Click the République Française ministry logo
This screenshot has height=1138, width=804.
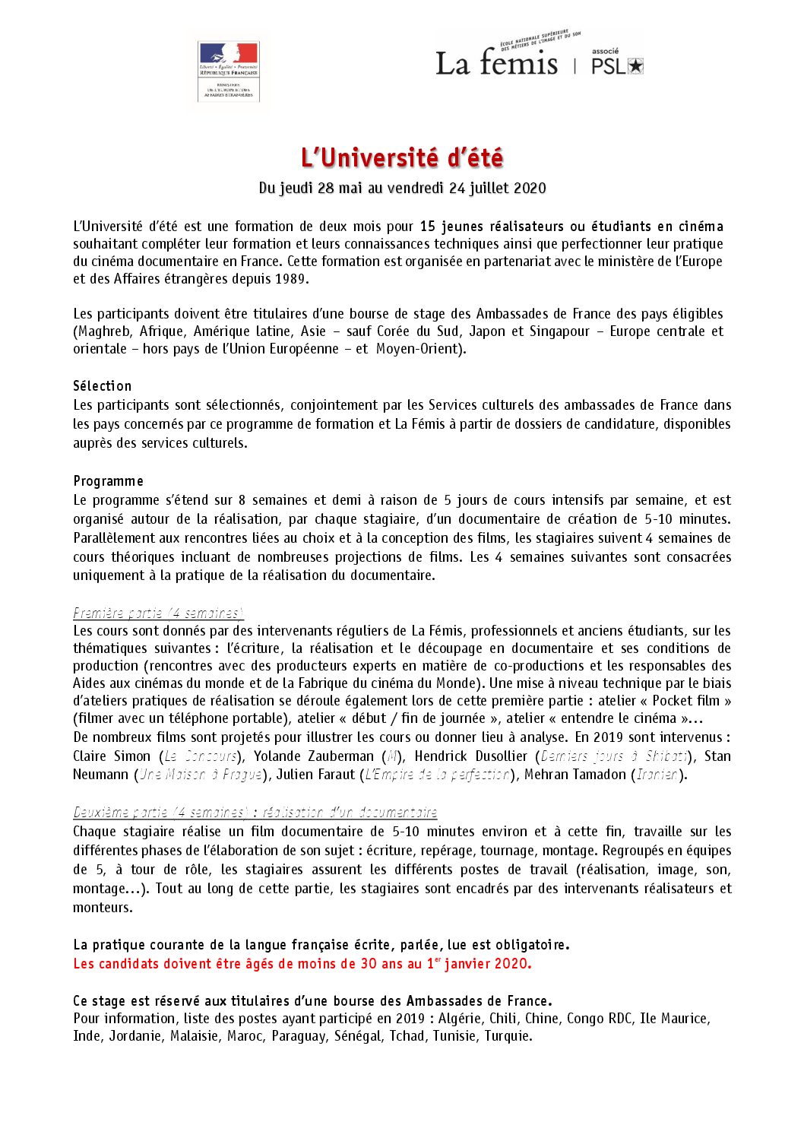click(x=228, y=71)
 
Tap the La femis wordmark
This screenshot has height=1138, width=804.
click(x=496, y=63)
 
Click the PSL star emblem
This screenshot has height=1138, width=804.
click(x=636, y=66)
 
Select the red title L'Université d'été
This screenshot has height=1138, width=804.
click(x=402, y=158)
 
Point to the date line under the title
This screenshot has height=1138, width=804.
click(x=402, y=188)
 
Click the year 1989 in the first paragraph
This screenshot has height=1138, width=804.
click(x=291, y=278)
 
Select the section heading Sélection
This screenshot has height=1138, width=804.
click(x=103, y=386)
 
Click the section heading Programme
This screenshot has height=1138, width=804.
click(x=108, y=481)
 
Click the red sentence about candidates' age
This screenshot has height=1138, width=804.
click(x=302, y=964)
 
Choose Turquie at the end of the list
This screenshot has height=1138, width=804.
click(x=508, y=1036)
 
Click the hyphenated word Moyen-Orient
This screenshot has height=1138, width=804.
click(x=418, y=349)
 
